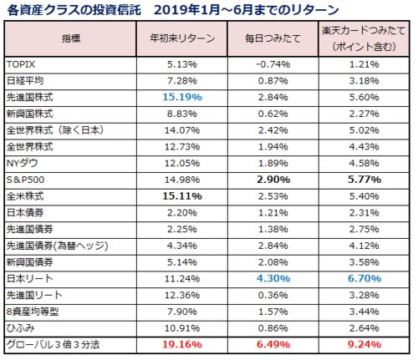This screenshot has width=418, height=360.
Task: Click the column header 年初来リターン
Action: [182, 38]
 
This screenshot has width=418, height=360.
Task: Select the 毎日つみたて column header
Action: [273, 38]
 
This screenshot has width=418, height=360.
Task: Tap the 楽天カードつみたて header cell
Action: [364, 38]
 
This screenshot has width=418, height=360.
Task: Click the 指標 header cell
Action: [71, 38]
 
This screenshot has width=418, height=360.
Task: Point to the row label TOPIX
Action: [21, 64]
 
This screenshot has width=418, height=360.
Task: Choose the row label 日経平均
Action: [25, 81]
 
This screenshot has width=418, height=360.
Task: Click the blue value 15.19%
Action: [182, 97]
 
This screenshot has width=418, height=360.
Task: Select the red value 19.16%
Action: [182, 345]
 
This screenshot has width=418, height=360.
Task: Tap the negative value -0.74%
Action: [273, 64]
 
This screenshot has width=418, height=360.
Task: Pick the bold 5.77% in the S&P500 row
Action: [364, 180]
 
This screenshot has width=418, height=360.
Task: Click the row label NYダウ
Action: [23, 163]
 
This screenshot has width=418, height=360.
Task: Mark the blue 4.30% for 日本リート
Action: [273, 279]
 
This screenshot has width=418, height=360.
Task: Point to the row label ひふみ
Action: [20, 328]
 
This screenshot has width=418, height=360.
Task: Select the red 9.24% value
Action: [364, 345]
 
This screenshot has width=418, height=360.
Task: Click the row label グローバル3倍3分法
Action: [53, 345]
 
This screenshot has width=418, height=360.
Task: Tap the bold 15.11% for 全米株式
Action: [182, 196]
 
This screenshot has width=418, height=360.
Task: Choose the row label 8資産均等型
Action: [33, 312]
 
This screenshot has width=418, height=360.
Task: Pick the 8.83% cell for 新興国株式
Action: [182, 114]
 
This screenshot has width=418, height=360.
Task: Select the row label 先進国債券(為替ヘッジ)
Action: [57, 246]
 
